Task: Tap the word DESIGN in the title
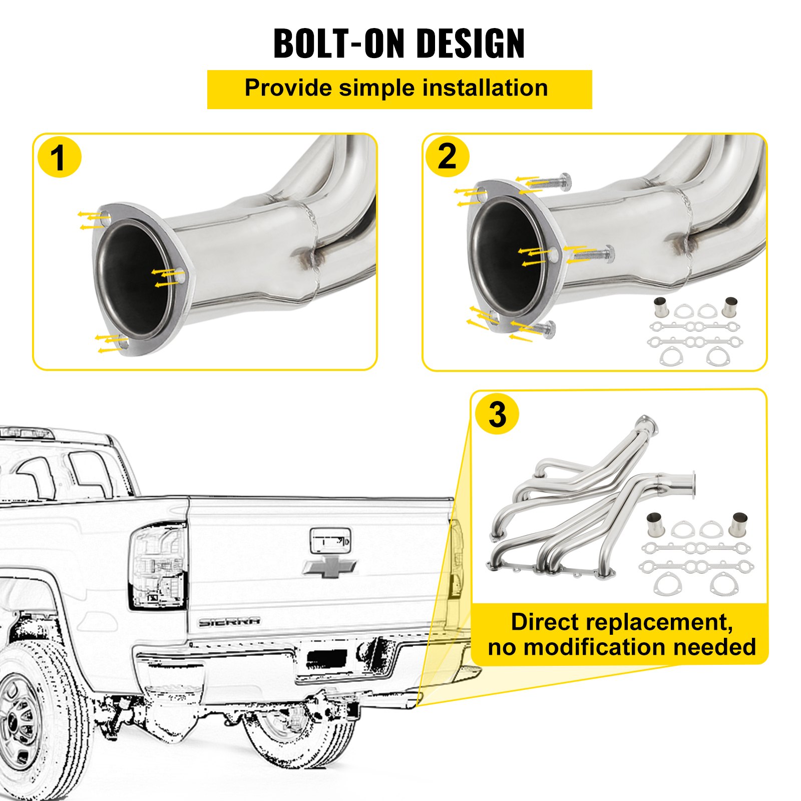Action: point(471,44)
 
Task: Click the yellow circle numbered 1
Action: point(59,158)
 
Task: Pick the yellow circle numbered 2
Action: point(447,157)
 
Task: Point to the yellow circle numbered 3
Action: point(497,415)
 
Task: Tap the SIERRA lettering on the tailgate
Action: point(229,622)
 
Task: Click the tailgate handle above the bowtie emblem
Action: point(330,541)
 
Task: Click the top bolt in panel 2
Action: point(551,182)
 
